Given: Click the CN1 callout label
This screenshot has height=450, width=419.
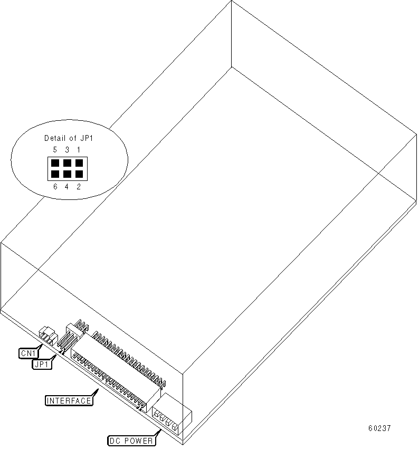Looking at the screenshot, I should pyautogui.click(x=27, y=353).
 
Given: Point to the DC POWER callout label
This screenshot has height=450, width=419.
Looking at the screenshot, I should pyautogui.click(x=130, y=441).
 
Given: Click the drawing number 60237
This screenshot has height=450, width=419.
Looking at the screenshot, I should pyautogui.click(x=379, y=428).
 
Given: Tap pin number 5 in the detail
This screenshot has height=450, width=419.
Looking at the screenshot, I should pyautogui.click(x=55, y=150).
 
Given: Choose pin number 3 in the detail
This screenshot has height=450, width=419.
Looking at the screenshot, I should pyautogui.click(x=67, y=150).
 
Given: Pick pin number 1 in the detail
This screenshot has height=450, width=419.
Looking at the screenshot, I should pyautogui.click(x=79, y=150).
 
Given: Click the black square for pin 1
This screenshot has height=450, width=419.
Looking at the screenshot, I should pyautogui.click(x=79, y=163).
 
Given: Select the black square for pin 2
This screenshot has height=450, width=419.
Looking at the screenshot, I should pyautogui.click(x=79, y=174).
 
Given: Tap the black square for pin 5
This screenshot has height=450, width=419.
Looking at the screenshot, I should pyautogui.click(x=55, y=163).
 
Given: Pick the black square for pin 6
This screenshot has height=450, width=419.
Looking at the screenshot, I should pyautogui.click(x=55, y=174).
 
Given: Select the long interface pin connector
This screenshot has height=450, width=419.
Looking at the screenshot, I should pyautogui.click(x=116, y=369).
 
